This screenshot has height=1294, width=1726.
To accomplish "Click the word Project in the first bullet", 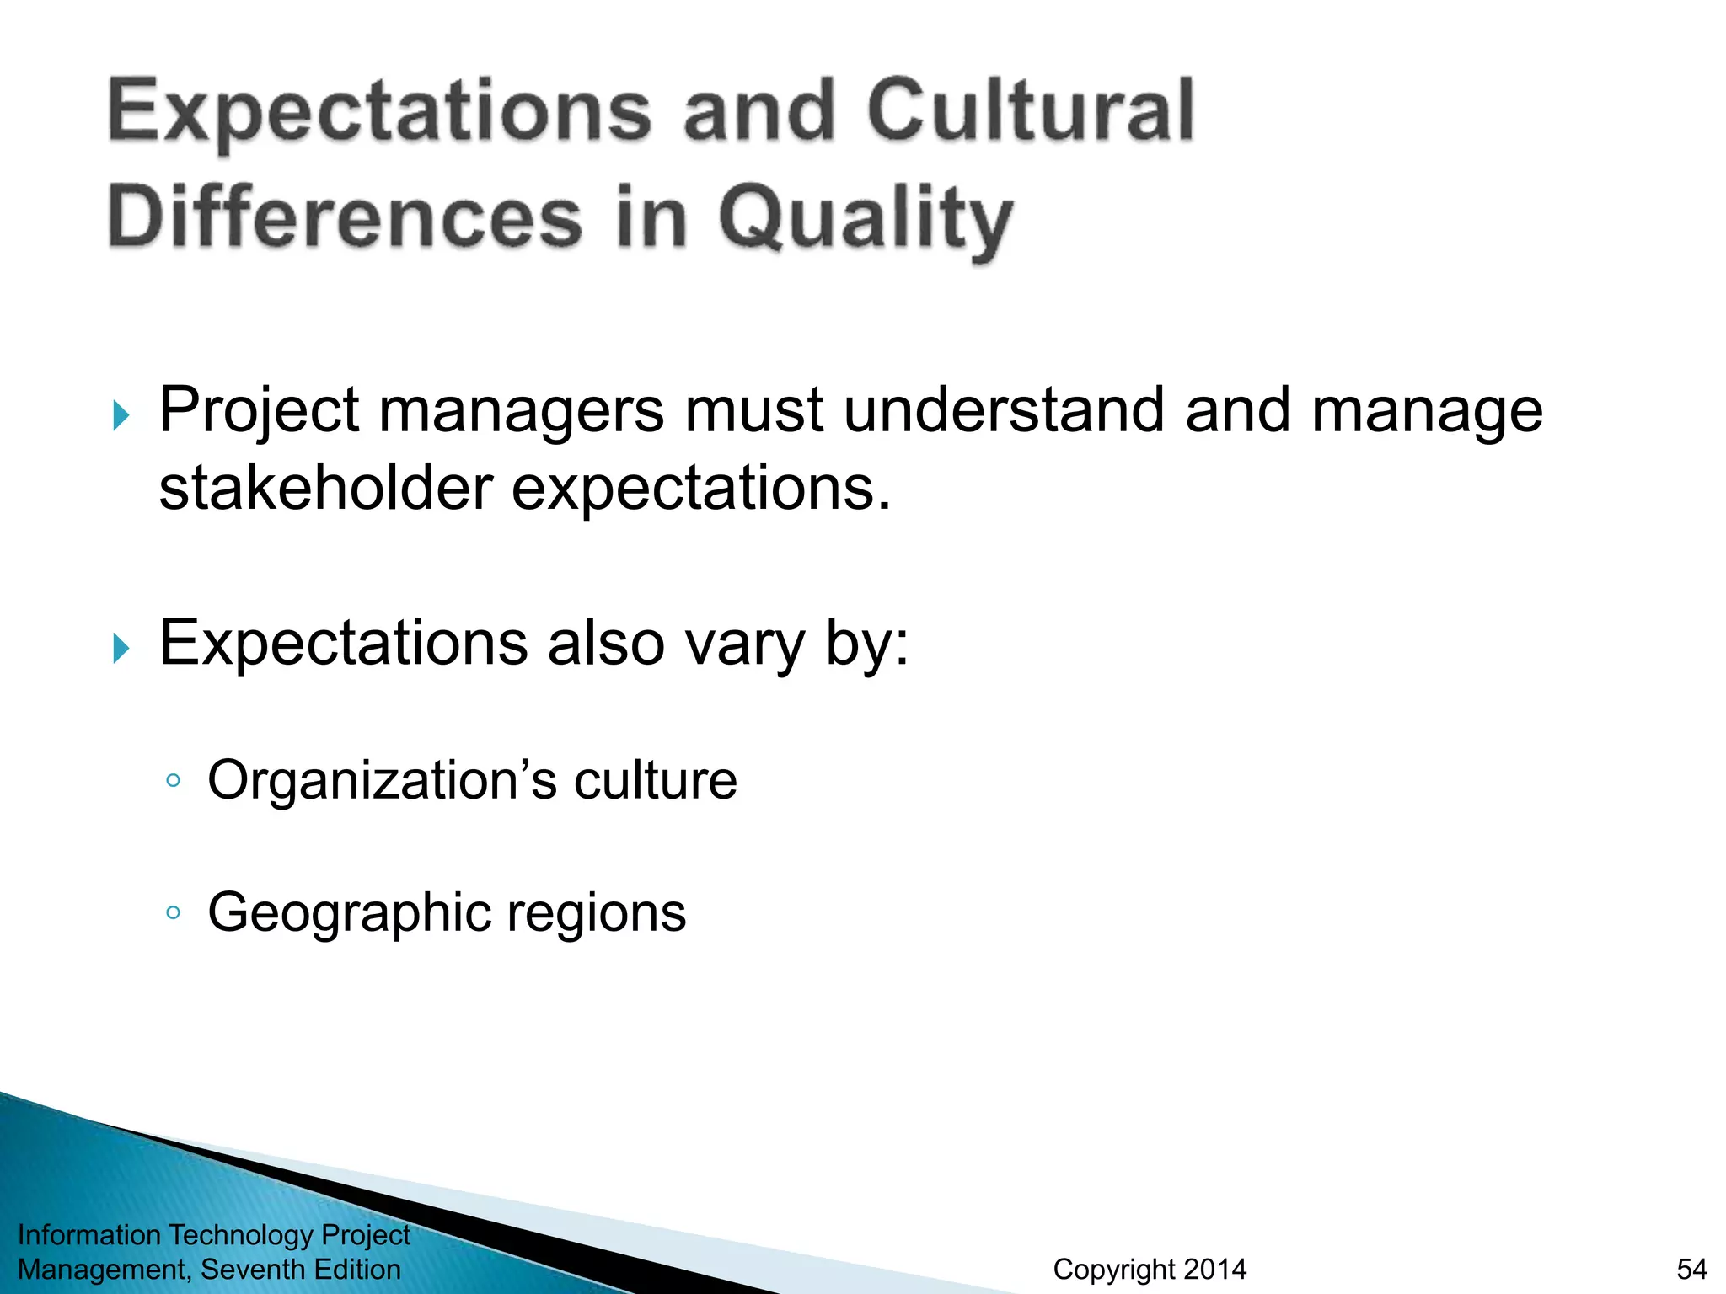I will coord(260,411).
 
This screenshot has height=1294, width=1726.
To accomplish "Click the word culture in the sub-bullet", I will coord(655,780).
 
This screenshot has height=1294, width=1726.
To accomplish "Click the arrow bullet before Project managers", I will coord(121,415).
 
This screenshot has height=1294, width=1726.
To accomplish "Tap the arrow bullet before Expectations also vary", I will coord(121,649).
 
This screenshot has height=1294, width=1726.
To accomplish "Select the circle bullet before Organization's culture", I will coord(173,781).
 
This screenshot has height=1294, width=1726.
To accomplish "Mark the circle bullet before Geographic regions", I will coord(173,912).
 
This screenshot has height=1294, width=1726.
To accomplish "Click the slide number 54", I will coord(1691,1269).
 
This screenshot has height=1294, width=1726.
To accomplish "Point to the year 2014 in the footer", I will coord(1214,1269).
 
